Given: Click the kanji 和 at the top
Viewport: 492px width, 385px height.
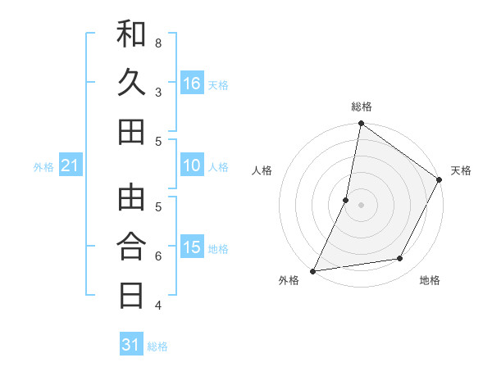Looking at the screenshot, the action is click(131, 36).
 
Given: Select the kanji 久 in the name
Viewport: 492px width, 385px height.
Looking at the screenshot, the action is click(131, 84).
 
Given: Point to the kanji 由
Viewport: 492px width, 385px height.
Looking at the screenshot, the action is click(131, 199).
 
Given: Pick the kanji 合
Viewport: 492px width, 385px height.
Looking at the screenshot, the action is click(131, 247).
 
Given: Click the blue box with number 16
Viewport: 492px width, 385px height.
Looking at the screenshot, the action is click(192, 84).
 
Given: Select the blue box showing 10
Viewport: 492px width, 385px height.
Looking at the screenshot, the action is click(192, 166).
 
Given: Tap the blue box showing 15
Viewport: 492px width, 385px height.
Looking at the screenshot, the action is click(192, 248).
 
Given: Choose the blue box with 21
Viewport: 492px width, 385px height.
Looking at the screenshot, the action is click(71, 166).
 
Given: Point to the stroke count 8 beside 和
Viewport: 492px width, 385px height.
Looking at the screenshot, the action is click(157, 43).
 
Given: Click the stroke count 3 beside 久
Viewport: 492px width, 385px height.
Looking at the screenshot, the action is click(157, 92).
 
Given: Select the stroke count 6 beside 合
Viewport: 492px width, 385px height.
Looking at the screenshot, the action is click(157, 256).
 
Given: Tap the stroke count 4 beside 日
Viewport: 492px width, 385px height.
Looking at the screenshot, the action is click(157, 306).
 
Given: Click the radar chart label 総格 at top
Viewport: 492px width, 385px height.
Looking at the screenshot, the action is click(361, 106).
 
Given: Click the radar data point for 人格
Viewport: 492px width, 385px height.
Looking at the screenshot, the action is click(346, 200).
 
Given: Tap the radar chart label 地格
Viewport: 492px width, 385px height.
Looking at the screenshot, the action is click(430, 280).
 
